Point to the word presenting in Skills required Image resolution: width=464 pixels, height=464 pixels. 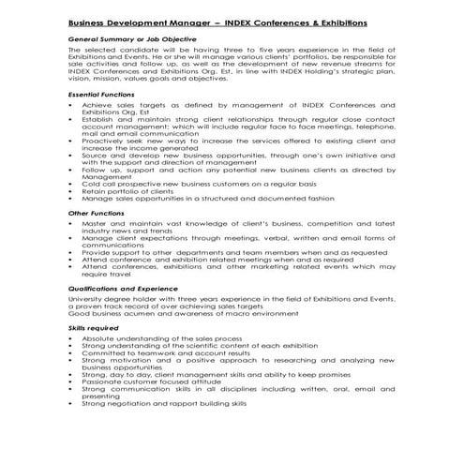pos(100,396)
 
